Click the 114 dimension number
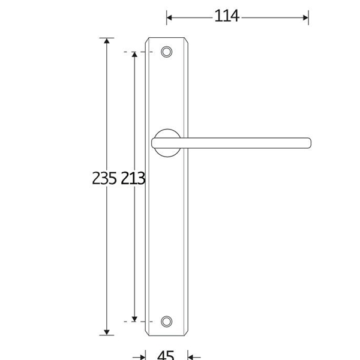pos(227,16)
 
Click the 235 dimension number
pos(104,178)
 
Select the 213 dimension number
pos(133,178)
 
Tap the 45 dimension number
pos(166,355)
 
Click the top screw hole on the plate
pos(166,52)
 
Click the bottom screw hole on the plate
pos(166,322)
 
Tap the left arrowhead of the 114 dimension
pos(169,17)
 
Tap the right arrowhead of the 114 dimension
pos(305,17)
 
